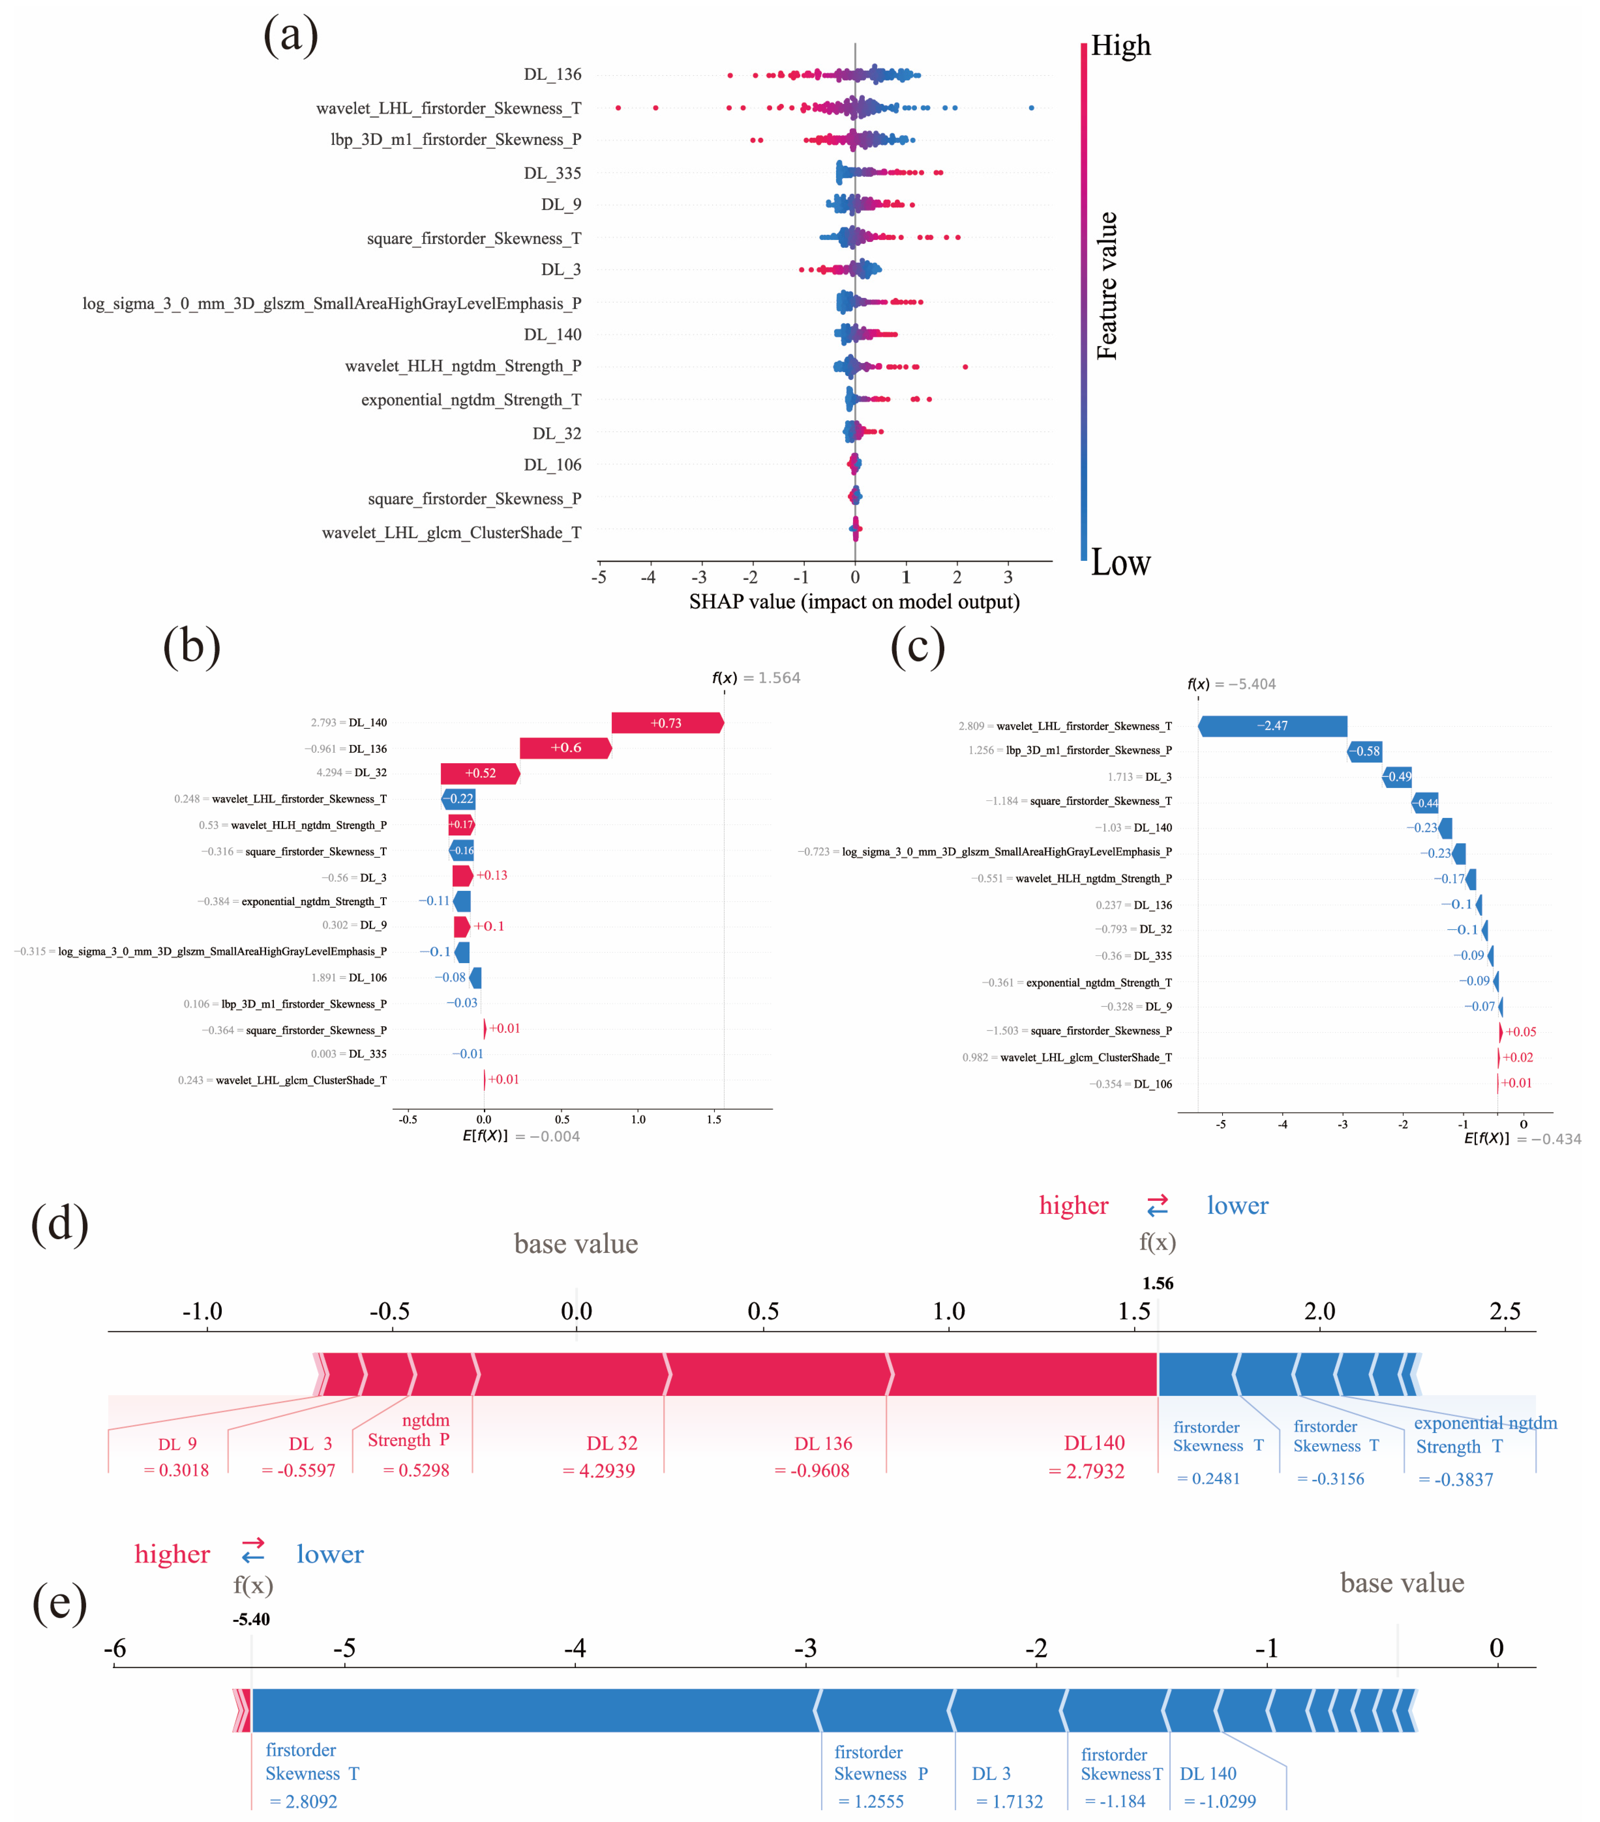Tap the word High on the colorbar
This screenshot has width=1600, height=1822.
coord(1120,45)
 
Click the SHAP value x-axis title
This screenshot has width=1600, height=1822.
coord(854,602)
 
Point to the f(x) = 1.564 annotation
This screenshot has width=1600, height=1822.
coord(756,678)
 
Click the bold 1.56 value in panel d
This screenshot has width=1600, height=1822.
coord(1158,1283)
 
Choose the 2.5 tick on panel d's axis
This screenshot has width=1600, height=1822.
coord(1505,1311)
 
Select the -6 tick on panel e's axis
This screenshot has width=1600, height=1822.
coord(115,1648)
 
